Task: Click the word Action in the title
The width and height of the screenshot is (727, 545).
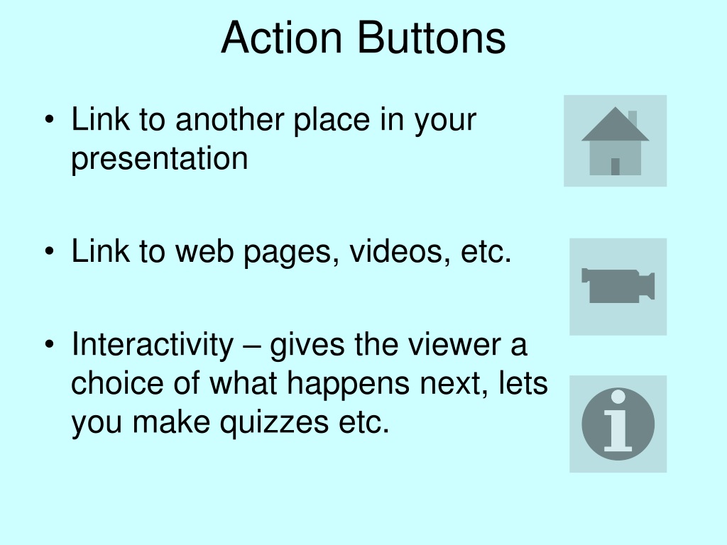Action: coord(281,38)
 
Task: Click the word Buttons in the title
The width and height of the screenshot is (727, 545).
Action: coord(432,38)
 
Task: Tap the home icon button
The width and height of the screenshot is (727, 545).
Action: coord(616,141)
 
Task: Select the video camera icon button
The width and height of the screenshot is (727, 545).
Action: coord(618,287)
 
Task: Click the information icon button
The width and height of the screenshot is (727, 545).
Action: coord(618,424)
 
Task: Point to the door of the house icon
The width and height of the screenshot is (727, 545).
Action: coord(616,167)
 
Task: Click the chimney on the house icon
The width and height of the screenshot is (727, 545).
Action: coord(633,118)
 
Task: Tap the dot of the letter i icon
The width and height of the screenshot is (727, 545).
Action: coord(618,397)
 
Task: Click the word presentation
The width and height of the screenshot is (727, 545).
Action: coord(160,160)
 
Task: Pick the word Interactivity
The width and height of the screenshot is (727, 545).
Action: coord(153,346)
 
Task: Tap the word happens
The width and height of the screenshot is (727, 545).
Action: coord(348,385)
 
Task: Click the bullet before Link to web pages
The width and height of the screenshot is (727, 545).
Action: coord(50,251)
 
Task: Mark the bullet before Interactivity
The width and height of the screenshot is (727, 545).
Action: coord(50,344)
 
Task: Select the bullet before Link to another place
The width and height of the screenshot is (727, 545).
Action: coord(50,119)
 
